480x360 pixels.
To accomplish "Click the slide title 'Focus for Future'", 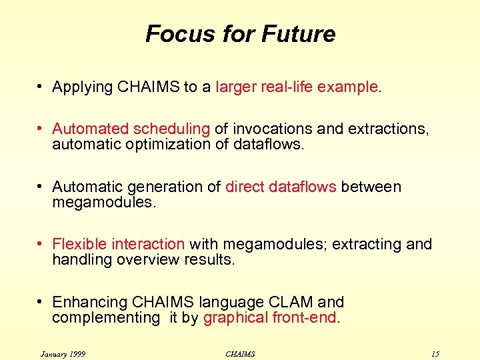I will pos(240,33).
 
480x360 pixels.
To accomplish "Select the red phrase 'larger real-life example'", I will pos(297,87).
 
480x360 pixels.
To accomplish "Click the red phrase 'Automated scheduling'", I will pos(131,129).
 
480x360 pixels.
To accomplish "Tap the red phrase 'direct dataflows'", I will pos(281,187).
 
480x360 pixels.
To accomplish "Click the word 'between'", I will pos(371,187).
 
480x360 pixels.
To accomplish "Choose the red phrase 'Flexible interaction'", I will pos(118,245).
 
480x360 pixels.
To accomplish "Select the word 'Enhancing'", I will pos(85,303).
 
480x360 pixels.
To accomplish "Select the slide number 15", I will pos(435,353).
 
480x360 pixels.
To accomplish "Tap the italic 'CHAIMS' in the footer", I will pos(240,353).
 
